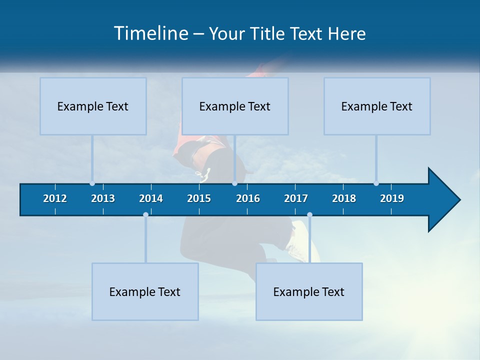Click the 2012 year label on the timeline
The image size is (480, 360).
(x=55, y=198)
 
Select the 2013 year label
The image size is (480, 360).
(x=103, y=198)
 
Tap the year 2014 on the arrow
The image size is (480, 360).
(x=151, y=198)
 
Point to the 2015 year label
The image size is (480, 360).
(x=199, y=198)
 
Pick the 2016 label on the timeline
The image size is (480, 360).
(x=248, y=198)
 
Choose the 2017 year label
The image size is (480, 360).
(x=296, y=198)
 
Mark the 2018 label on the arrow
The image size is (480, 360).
(x=344, y=198)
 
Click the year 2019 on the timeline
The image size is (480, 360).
(x=392, y=198)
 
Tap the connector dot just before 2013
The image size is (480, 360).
(x=92, y=183)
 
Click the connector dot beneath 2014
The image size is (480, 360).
(x=145, y=215)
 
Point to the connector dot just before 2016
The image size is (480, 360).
(x=234, y=183)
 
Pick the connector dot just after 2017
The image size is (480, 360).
(x=309, y=215)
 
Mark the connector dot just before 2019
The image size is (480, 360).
(x=376, y=183)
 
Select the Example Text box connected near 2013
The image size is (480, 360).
(x=93, y=106)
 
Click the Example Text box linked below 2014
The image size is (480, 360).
(x=145, y=291)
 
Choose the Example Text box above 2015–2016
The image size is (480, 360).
(x=235, y=106)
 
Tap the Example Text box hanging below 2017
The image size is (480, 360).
(x=309, y=291)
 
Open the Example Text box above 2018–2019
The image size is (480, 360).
(x=377, y=106)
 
